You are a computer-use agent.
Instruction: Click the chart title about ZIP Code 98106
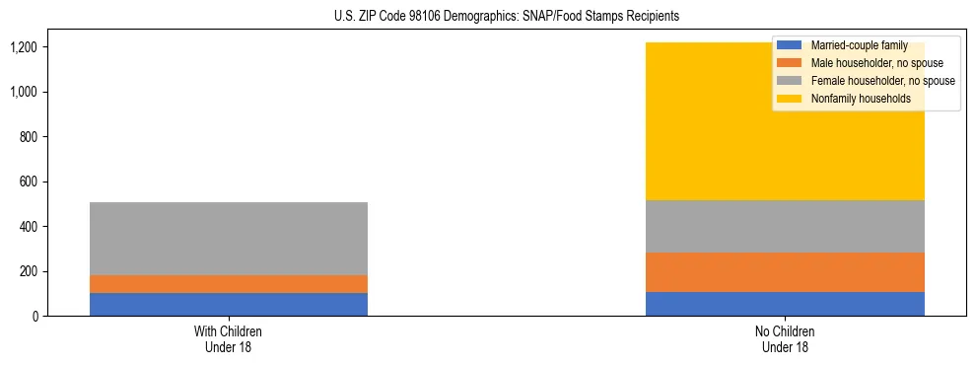click(492, 17)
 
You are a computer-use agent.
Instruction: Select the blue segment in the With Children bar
click(229, 304)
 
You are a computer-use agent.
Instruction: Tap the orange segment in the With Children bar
click(229, 284)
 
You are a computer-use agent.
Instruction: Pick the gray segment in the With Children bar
click(229, 239)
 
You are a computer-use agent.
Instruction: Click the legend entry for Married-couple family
click(854, 45)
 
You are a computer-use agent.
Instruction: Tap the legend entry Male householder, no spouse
click(863, 63)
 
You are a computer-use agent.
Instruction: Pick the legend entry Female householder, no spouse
click(868, 81)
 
